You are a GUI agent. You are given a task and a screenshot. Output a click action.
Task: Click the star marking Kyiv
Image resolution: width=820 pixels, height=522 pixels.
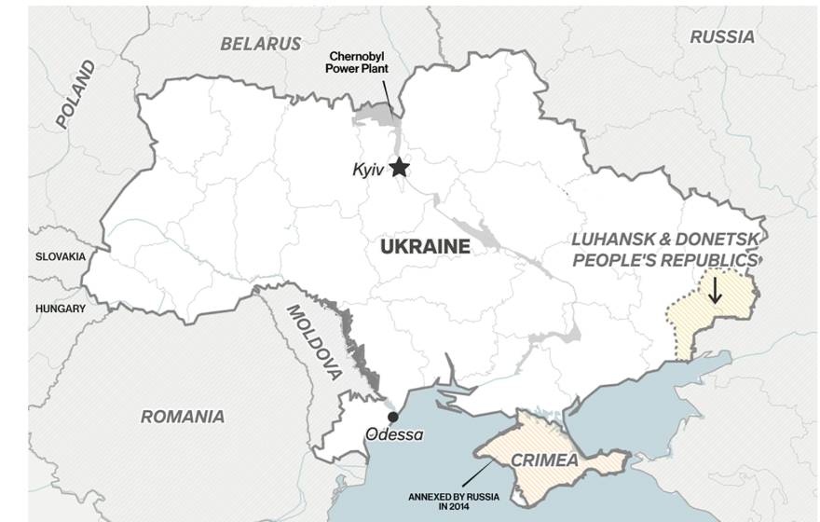click(x=399, y=168)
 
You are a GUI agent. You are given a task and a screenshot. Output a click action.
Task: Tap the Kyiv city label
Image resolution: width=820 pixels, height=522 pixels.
click(x=367, y=170)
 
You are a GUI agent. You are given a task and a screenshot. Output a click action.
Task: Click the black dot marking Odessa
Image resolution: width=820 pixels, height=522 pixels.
click(x=393, y=417)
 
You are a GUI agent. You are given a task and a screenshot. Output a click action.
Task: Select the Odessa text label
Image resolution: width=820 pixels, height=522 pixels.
click(x=393, y=434)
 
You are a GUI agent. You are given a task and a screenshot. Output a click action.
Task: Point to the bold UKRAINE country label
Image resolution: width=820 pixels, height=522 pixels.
click(x=425, y=246)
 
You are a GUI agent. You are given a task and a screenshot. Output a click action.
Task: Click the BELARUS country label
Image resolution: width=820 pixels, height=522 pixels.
click(x=261, y=44)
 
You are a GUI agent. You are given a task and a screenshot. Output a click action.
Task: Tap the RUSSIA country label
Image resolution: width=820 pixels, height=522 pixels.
click(x=721, y=37)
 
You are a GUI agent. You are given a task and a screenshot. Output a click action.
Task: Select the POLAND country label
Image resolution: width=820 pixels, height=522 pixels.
click(x=75, y=94)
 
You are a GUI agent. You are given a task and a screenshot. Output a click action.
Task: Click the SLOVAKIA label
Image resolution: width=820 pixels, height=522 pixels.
click(x=61, y=256)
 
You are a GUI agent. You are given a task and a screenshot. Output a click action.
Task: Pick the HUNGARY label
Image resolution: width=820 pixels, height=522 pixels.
click(x=61, y=309)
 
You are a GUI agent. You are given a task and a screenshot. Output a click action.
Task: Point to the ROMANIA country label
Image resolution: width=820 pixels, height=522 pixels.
click(x=183, y=417)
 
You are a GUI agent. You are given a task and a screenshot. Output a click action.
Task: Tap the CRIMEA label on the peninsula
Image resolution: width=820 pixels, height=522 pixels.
click(x=543, y=460)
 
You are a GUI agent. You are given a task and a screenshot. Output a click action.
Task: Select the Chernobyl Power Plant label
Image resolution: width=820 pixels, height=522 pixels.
click(x=356, y=62)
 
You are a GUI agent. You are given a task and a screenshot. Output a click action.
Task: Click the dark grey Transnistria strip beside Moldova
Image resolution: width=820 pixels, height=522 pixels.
click(x=358, y=350)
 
